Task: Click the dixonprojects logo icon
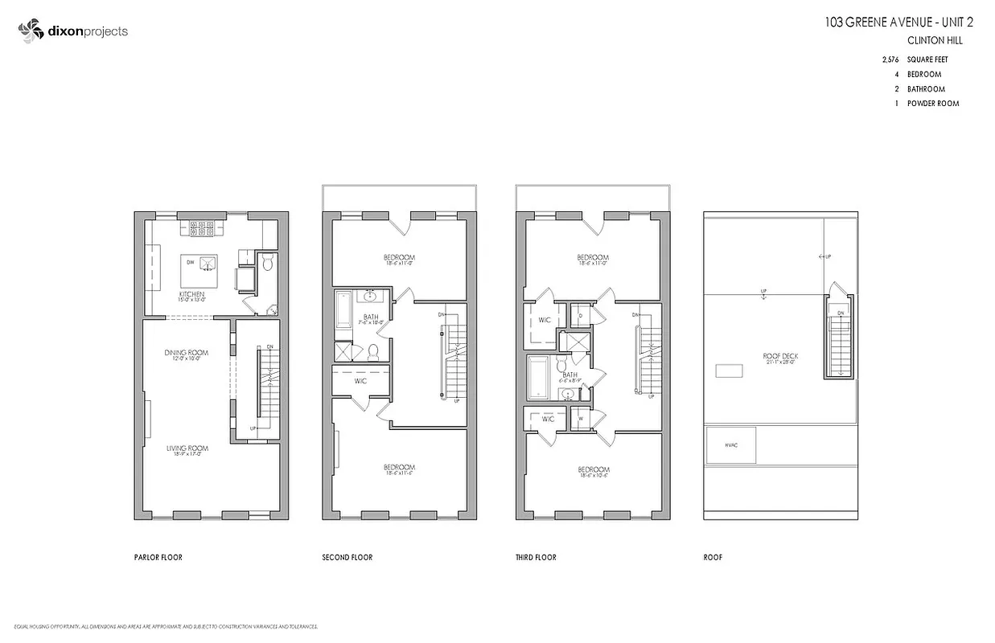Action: [30, 31]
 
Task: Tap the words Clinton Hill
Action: [935, 40]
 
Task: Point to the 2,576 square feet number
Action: [890, 59]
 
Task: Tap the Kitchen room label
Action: [191, 295]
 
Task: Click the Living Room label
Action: [187, 448]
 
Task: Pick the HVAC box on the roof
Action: [730, 445]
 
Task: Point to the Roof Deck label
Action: [779, 356]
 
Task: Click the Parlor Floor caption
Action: [158, 557]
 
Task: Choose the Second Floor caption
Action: [347, 557]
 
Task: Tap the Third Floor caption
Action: [536, 557]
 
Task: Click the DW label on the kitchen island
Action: [190, 262]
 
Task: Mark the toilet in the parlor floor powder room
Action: [268, 262]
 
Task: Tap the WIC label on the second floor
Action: [360, 381]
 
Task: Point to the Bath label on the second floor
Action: [370, 317]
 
